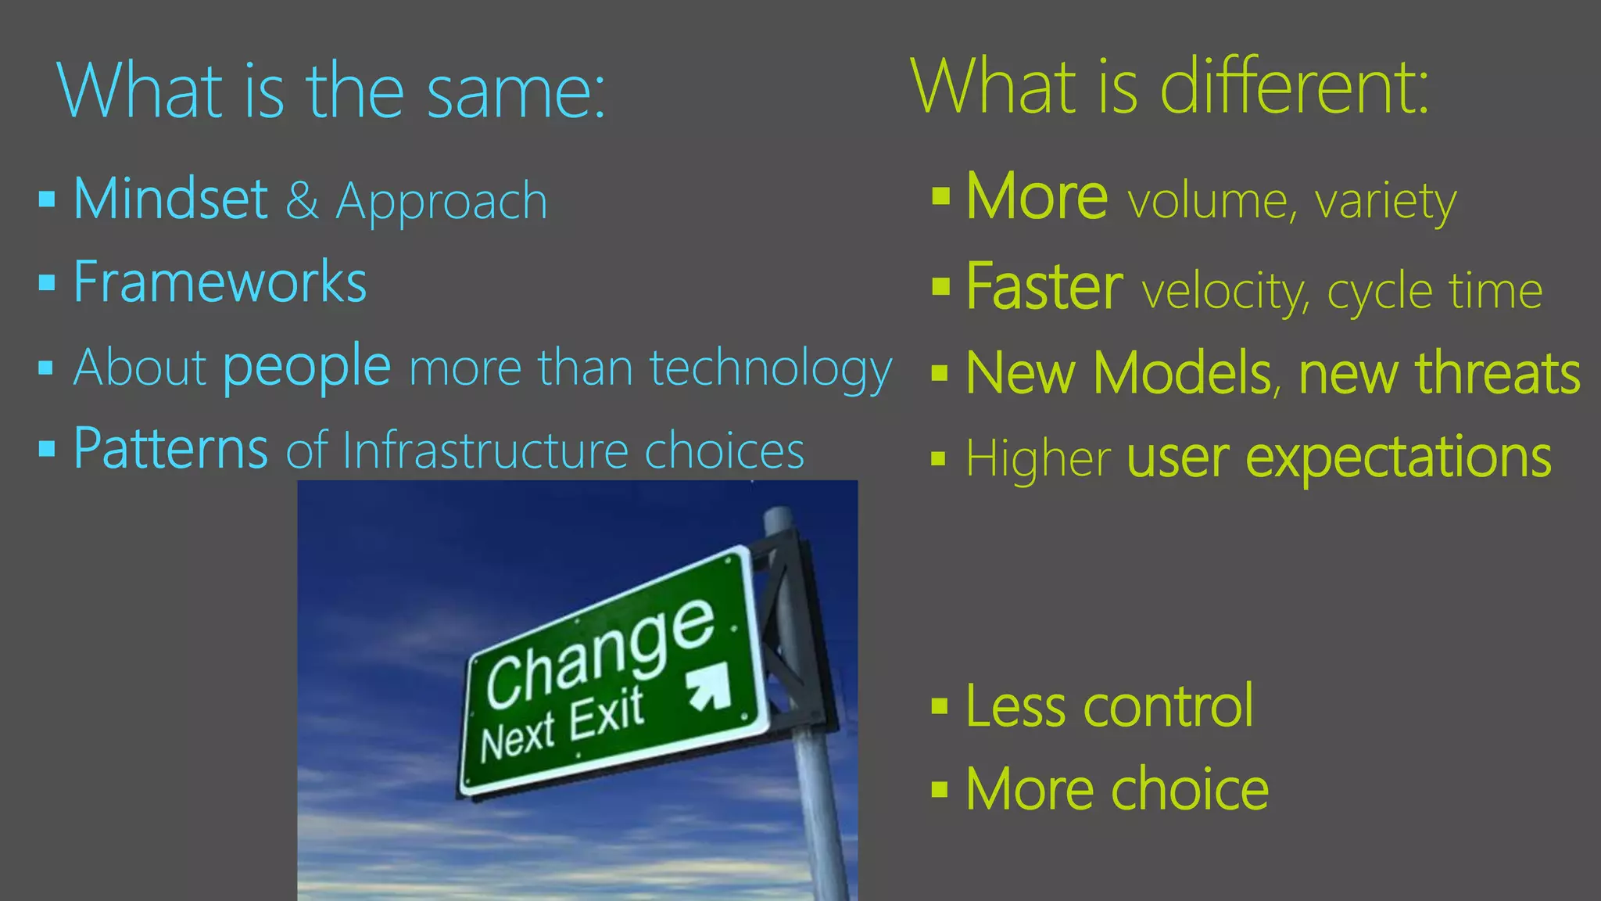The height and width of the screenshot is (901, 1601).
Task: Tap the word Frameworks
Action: tap(220, 282)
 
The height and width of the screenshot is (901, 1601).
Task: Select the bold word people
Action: tap(306, 366)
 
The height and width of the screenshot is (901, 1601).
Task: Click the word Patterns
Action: tap(170, 449)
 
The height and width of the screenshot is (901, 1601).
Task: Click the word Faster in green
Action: tap(1044, 287)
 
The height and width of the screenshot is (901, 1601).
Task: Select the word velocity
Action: tap(1224, 292)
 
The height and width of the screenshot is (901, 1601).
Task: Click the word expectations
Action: tap(1398, 458)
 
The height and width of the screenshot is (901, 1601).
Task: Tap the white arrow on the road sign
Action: tap(710, 687)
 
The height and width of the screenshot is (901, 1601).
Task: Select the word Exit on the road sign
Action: tap(606, 714)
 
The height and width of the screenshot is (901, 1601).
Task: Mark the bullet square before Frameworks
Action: tap(47, 282)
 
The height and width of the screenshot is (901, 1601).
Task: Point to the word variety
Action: tap(1385, 203)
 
